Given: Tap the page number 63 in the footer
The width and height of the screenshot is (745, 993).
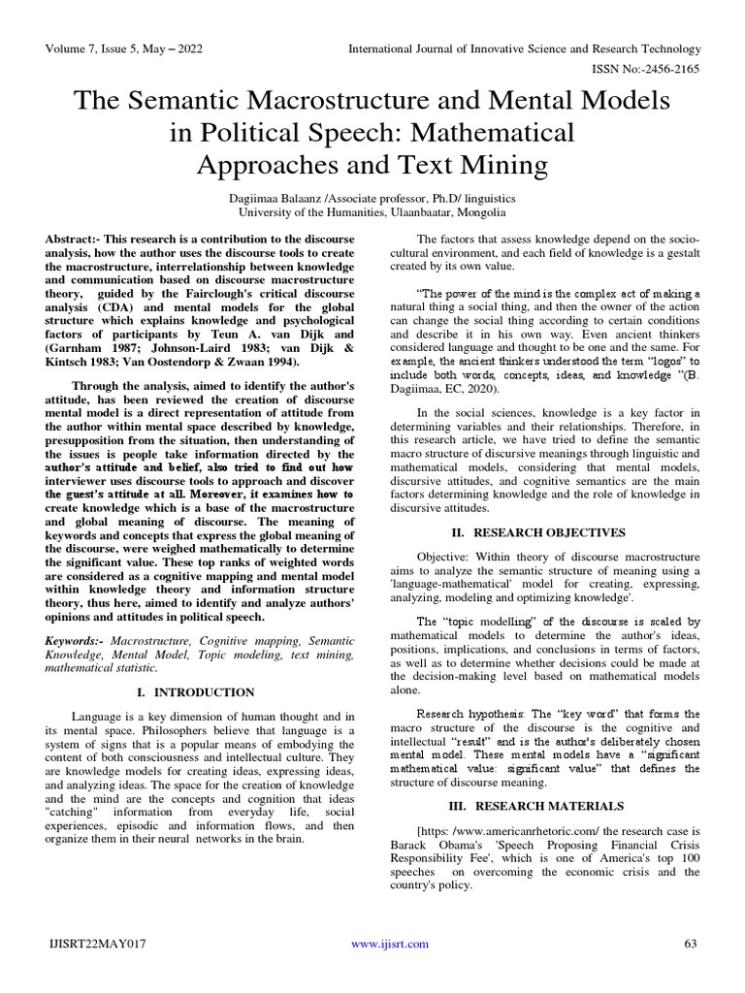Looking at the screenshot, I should pyautogui.click(x=691, y=970).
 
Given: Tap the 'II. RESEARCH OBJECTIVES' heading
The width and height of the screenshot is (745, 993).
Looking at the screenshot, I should pyautogui.click(x=541, y=532).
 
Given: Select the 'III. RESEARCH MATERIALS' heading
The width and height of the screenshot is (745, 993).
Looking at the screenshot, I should pyautogui.click(x=541, y=805).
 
